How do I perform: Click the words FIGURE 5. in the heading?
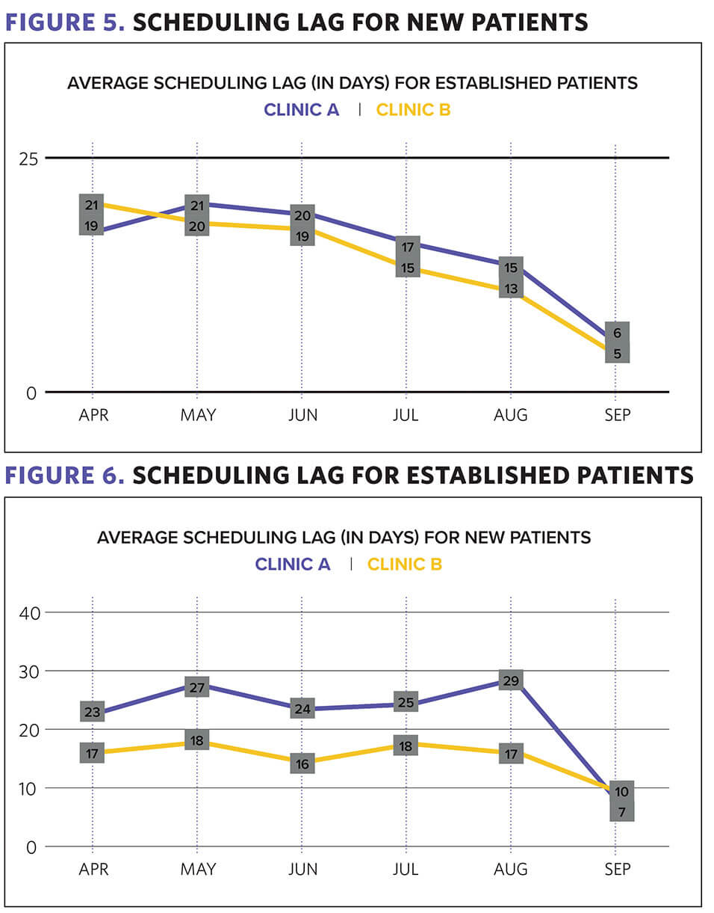tap(65, 22)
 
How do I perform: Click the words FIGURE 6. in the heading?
tap(65, 476)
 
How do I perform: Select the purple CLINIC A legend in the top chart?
tap(301, 110)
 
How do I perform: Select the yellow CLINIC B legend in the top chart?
tap(413, 110)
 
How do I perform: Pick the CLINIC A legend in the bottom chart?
tap(292, 564)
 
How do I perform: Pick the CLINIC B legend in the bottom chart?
tap(404, 564)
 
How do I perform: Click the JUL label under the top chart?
tap(406, 415)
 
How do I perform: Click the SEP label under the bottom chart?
tap(617, 870)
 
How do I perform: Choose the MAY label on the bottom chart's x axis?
tap(197, 870)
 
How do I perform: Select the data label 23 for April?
tap(92, 713)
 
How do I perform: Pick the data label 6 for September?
tap(618, 333)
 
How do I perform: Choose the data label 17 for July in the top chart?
tap(407, 248)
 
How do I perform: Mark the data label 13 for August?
tap(512, 289)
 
